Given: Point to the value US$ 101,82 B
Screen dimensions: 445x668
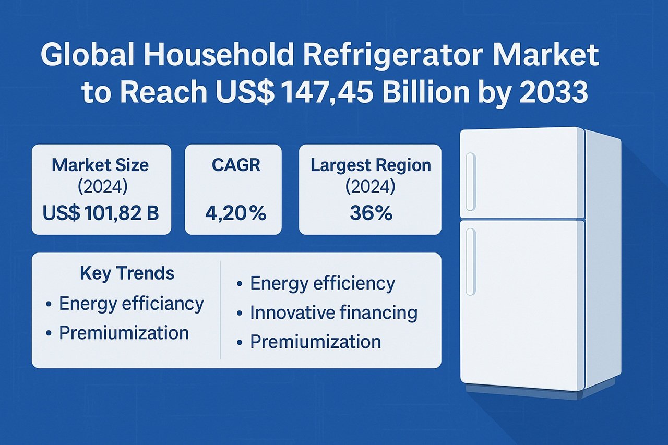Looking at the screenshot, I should pyautogui.click(x=101, y=213).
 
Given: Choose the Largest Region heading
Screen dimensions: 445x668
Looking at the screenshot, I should pyautogui.click(x=371, y=165).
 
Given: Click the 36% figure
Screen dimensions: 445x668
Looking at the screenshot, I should pyautogui.click(x=371, y=213).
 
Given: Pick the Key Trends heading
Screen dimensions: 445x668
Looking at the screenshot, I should pyautogui.click(x=127, y=273).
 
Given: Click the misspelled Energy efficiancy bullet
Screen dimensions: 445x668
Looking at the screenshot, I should pyautogui.click(x=131, y=303).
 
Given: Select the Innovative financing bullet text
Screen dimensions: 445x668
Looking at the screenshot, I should pyautogui.click(x=333, y=312).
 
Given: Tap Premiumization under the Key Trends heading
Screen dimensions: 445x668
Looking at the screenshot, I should pyautogui.click(x=124, y=333).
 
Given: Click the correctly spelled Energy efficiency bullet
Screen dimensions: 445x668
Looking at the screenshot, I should pyautogui.click(x=323, y=283).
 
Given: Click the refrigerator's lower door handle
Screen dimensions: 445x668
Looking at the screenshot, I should pyautogui.click(x=471, y=261).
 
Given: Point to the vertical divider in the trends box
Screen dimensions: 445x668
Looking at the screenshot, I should pyautogui.click(x=221, y=310).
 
